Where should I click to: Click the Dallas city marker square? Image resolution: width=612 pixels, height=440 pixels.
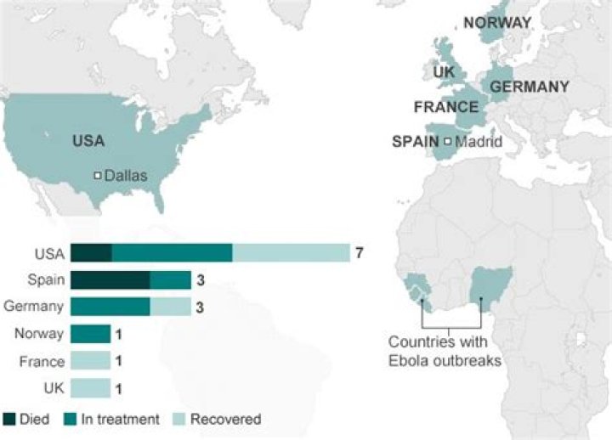98,176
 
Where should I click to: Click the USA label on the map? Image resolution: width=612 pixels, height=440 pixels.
88,141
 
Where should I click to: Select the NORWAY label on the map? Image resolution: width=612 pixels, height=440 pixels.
497,23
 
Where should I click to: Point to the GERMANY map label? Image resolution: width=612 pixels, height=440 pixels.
530,87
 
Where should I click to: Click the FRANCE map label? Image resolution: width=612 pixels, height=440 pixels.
446,107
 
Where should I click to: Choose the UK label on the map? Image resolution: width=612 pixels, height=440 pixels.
445,72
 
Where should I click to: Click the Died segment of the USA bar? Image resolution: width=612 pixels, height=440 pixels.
91,253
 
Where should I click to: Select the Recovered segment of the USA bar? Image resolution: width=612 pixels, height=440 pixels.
291,253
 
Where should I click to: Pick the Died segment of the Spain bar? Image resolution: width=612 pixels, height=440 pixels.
110,280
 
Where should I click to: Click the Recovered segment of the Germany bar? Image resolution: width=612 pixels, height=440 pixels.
170,307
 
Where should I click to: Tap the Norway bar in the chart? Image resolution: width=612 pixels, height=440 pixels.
90,334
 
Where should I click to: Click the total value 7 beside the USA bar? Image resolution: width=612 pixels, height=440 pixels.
360,253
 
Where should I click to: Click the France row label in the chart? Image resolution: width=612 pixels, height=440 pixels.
42,362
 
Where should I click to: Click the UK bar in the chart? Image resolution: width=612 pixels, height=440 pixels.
90,388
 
